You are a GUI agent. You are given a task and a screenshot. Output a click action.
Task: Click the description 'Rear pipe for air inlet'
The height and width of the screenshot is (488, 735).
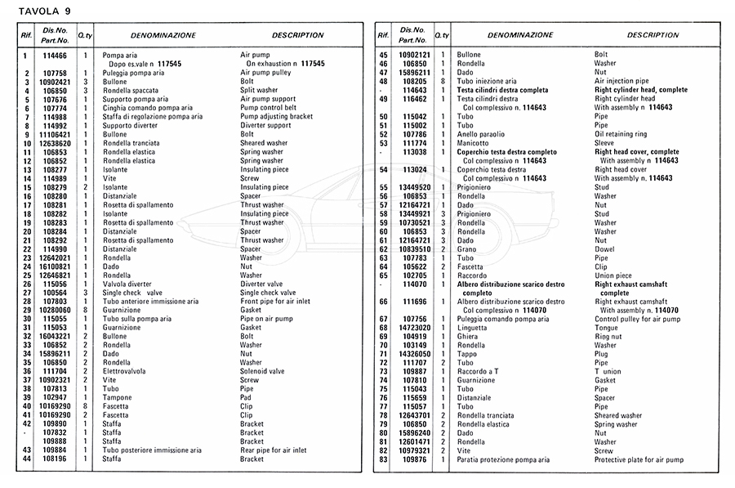pyautogui.click(x=273, y=450)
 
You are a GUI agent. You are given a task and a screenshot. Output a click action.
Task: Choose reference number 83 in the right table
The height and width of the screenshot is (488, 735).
pyautogui.click(x=382, y=459)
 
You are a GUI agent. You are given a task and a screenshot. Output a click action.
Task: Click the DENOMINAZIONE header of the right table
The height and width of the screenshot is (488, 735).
pyautogui.click(x=520, y=35)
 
